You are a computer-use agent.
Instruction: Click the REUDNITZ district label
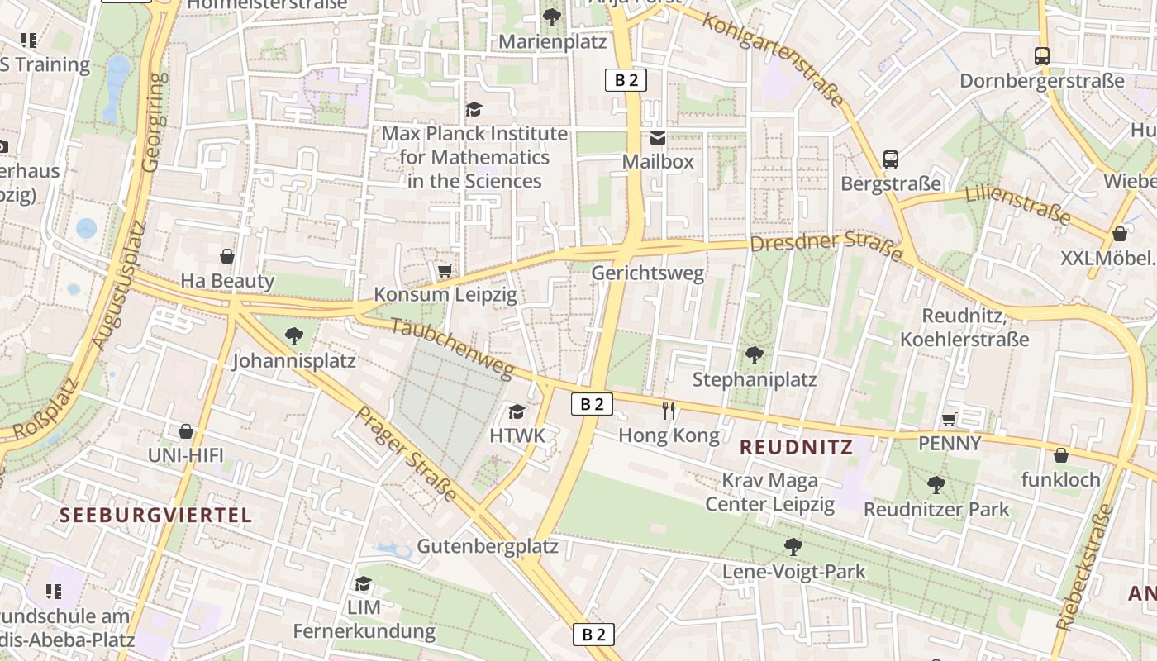click(x=795, y=447)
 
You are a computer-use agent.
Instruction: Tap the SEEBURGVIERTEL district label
click(x=155, y=516)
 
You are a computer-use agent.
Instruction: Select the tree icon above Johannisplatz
click(x=293, y=335)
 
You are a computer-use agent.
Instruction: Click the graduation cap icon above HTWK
click(x=517, y=411)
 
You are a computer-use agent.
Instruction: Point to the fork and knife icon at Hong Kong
click(x=669, y=410)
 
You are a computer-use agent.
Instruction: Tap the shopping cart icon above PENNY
click(x=950, y=419)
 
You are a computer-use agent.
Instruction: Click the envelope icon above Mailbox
click(x=658, y=137)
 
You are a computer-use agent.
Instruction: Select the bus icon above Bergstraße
click(x=890, y=159)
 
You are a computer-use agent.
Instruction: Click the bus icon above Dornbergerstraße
click(x=1041, y=56)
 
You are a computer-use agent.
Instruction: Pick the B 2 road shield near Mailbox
click(x=626, y=80)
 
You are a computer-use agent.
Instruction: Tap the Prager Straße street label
click(x=406, y=454)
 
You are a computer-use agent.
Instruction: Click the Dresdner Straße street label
click(x=826, y=246)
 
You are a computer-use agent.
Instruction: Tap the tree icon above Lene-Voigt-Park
click(x=793, y=546)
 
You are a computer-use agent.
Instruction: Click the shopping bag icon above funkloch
click(x=1061, y=455)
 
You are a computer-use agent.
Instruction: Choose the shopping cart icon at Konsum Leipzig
click(x=445, y=270)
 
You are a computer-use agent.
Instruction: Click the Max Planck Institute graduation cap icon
click(x=474, y=109)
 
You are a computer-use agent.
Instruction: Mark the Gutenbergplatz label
click(x=488, y=547)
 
